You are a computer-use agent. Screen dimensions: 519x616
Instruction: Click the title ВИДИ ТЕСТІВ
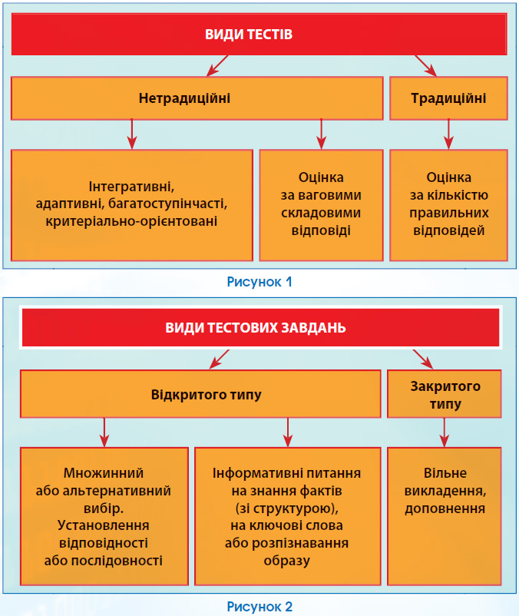pos(249,34)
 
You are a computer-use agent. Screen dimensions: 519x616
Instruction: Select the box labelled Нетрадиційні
pos(197,98)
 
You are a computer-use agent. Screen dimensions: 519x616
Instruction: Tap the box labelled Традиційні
pos(448,98)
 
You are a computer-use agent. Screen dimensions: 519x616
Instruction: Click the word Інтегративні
pos(131,186)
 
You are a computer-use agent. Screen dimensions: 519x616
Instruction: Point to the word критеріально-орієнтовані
pos(131,221)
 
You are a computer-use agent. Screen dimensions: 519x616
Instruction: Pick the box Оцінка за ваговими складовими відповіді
pos(321,205)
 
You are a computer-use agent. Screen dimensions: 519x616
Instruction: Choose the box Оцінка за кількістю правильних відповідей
pos(448,205)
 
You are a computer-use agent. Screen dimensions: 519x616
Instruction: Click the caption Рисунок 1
pos(259,282)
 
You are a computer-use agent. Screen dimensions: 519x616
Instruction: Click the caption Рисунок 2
pos(259,607)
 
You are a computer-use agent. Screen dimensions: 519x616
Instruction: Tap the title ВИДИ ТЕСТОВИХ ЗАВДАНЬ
pos(256,328)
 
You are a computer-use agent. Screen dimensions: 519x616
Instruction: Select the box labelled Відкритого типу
pos(200,394)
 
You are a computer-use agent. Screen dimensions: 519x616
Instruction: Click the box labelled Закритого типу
pos(445,394)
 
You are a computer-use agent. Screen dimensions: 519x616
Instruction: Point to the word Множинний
pos(104,473)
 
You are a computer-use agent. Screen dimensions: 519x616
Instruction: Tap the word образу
pos(287,561)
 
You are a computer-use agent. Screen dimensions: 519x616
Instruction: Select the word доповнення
pos(445,508)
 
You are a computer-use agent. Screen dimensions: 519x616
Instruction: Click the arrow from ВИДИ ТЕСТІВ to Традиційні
pos(426,65)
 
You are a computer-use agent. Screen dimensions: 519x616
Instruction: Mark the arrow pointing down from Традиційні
pos(448,134)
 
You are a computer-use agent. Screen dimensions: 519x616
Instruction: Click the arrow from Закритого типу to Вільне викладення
pos(445,432)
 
